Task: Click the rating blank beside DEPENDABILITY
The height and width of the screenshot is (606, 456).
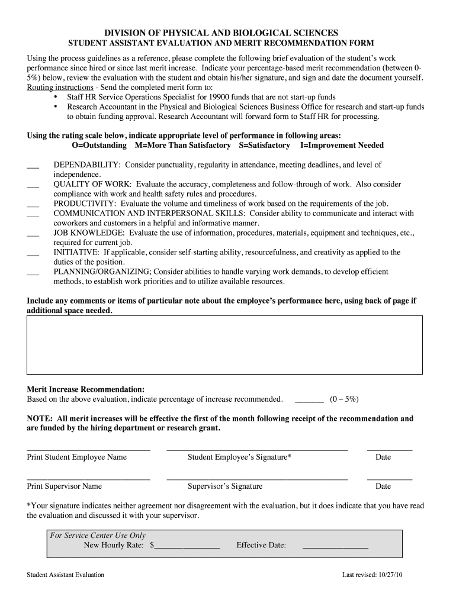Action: click(x=33, y=167)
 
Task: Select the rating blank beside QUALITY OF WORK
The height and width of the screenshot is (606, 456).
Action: click(x=33, y=186)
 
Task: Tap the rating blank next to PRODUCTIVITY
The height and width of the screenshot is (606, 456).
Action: click(x=33, y=206)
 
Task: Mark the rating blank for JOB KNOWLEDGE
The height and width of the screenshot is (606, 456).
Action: click(x=33, y=235)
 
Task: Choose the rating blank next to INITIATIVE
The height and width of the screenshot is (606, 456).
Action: click(x=33, y=254)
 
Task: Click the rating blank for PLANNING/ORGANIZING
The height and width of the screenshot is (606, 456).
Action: click(x=33, y=274)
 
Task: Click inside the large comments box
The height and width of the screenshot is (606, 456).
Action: click(x=224, y=344)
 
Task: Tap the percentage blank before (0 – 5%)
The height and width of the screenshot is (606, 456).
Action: click(x=309, y=401)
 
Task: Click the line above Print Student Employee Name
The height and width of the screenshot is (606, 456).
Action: click(x=88, y=450)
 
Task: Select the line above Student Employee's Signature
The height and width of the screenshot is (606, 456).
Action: click(x=257, y=450)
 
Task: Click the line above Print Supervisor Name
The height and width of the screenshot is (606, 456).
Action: click(x=88, y=479)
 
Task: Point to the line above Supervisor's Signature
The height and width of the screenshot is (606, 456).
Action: click(x=257, y=479)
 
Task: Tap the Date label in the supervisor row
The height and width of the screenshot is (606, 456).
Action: click(x=383, y=486)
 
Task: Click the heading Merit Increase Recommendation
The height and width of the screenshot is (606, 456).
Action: click(x=86, y=389)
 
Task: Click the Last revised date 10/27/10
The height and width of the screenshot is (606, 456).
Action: click(x=388, y=575)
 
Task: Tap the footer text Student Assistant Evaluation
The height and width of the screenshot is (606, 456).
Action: click(x=66, y=575)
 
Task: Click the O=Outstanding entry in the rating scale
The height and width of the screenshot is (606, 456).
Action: click(x=99, y=145)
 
